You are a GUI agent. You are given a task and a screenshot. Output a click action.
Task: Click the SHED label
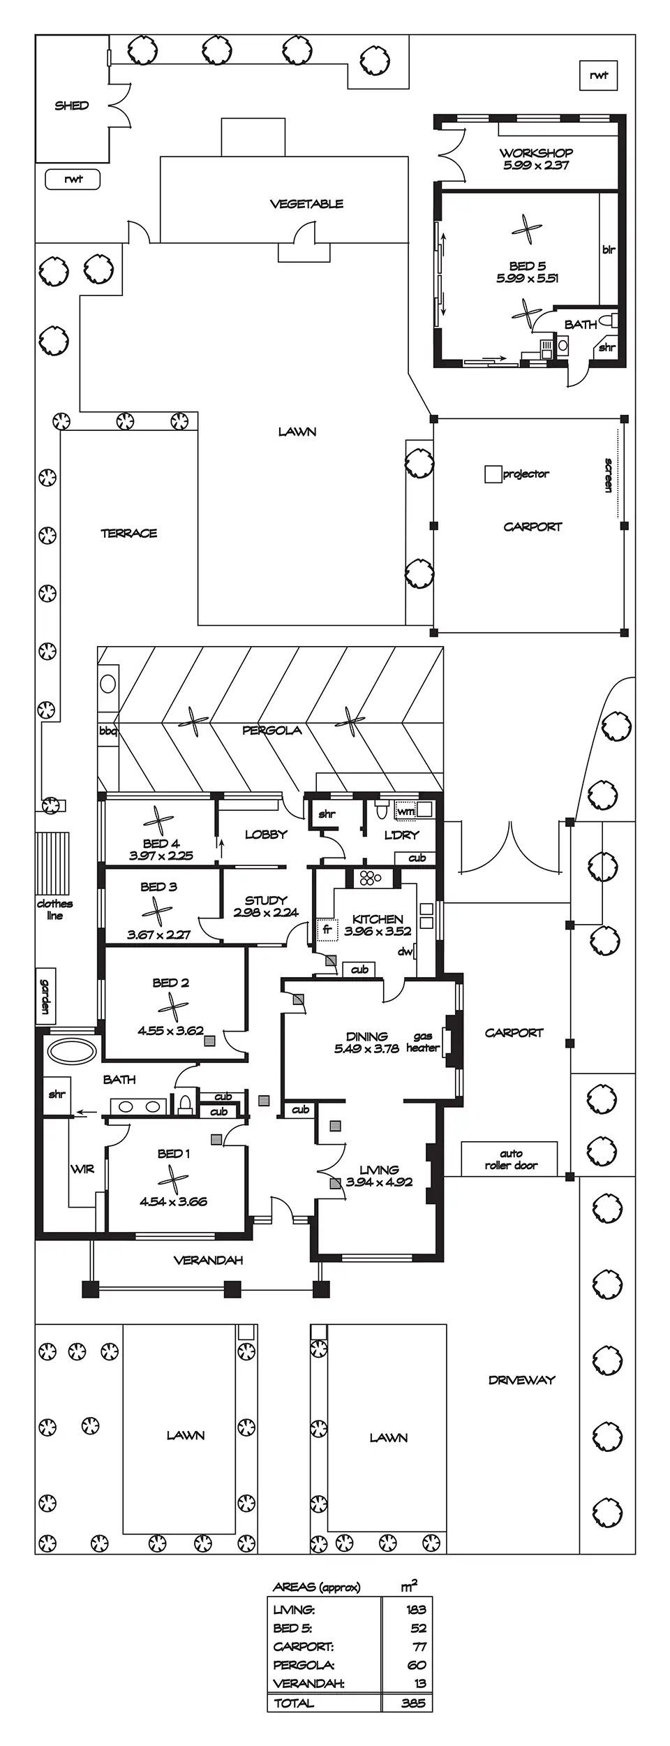click(x=72, y=105)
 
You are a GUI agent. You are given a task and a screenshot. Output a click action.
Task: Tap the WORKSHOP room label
click(x=536, y=152)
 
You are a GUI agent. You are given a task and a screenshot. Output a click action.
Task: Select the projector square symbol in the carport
click(x=493, y=474)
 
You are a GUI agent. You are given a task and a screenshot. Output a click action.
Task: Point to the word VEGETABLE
click(x=306, y=204)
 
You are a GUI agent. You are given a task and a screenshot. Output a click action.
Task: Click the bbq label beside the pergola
click(x=107, y=731)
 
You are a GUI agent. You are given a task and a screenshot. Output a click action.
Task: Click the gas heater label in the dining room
click(x=422, y=1042)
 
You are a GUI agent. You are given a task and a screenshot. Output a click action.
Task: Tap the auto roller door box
click(x=509, y=1159)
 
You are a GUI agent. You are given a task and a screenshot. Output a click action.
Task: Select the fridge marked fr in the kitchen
click(x=327, y=930)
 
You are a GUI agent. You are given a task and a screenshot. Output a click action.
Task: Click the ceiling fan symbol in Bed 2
click(x=172, y=1007)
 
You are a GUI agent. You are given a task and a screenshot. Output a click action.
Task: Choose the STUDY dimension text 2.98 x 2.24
click(x=266, y=912)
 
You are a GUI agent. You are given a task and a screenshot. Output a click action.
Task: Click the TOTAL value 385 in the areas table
click(x=413, y=1703)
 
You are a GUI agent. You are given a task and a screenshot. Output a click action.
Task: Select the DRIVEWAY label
click(x=521, y=1380)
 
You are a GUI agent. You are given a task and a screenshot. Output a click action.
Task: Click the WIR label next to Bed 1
click(x=82, y=1169)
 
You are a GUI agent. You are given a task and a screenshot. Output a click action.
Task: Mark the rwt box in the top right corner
click(x=599, y=75)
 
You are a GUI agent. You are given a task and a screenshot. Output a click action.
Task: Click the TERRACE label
click(x=129, y=534)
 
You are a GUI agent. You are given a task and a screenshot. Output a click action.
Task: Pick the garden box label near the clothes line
click(x=45, y=996)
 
